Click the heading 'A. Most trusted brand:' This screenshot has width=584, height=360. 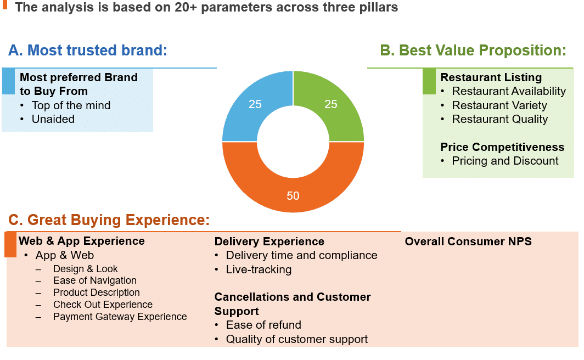[x=88, y=50]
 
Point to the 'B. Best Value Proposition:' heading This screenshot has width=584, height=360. [x=473, y=50]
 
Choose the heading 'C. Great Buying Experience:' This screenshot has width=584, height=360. [x=109, y=220]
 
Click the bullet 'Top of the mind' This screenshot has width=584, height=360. [x=71, y=105]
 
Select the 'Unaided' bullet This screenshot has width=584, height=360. [x=53, y=119]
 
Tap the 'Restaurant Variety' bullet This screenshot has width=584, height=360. [x=499, y=105]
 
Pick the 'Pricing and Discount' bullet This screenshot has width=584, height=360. [x=505, y=161]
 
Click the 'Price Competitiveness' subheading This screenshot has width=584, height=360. [x=502, y=147]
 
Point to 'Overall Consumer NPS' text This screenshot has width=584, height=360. [x=468, y=241]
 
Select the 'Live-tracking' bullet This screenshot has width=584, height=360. [x=259, y=269]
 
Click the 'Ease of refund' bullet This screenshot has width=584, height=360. [x=263, y=325]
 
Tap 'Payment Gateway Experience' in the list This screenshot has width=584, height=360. [x=120, y=317]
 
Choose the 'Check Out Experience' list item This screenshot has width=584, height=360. [x=103, y=305]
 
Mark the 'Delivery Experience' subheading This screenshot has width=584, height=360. [x=269, y=241]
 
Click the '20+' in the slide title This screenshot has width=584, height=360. [x=186, y=7]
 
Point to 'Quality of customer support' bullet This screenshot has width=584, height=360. [x=297, y=340]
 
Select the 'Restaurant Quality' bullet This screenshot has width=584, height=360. [x=500, y=119]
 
